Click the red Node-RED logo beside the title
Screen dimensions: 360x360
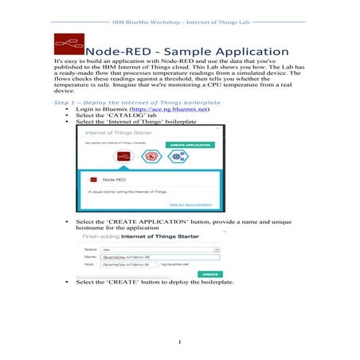point(68,44)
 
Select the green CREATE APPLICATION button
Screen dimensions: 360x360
point(190,145)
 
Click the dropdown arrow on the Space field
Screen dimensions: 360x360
point(216,248)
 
